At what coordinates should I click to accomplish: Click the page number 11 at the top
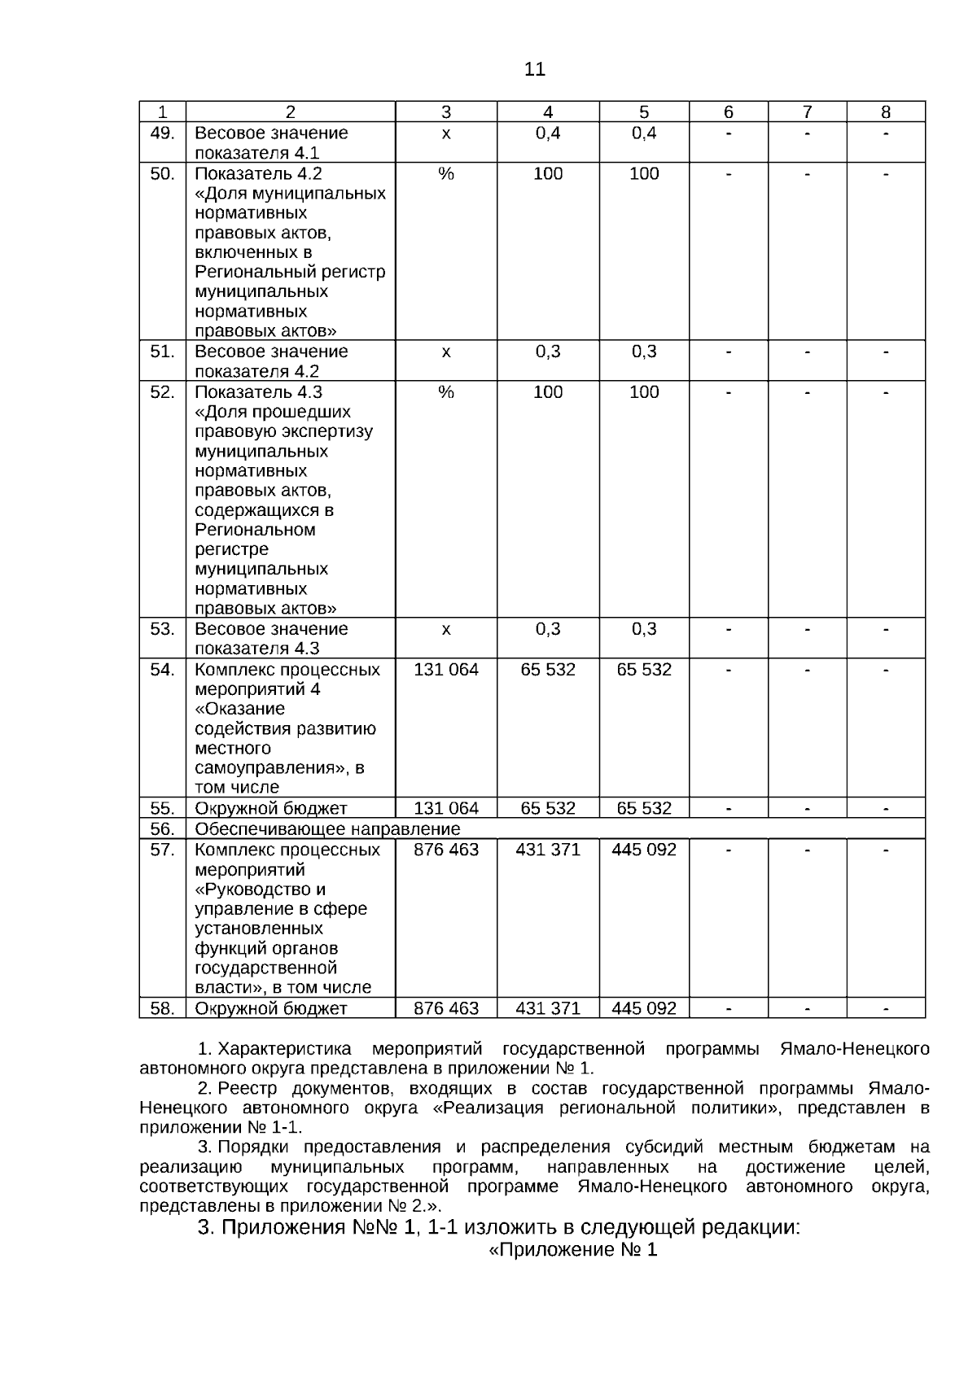tap(534, 70)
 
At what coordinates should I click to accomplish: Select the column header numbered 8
tap(886, 112)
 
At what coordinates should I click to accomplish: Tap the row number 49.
tap(163, 133)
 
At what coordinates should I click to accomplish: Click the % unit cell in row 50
tap(445, 173)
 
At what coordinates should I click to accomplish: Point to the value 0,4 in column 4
tap(548, 133)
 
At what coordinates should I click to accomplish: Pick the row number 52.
tap(163, 392)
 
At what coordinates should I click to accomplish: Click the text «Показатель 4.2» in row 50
tap(258, 173)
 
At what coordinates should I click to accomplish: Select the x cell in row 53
tap(445, 629)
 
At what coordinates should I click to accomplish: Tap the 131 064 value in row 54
tap(446, 670)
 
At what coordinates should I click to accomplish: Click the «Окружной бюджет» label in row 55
tap(270, 808)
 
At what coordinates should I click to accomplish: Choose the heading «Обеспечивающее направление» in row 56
tap(327, 828)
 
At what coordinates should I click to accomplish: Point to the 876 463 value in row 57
tap(446, 850)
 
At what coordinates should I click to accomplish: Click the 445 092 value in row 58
tap(644, 1008)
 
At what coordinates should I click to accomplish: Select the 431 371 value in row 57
tap(548, 850)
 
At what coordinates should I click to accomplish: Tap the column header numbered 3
tap(445, 112)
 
